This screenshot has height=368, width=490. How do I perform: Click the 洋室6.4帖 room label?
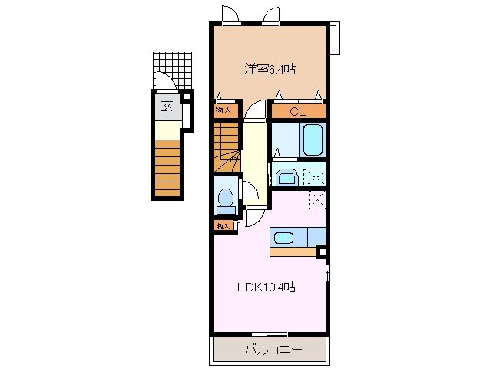[x=270, y=70]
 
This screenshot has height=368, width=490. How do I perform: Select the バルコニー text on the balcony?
[x=273, y=350]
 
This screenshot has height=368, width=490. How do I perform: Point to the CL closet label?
[x=298, y=112]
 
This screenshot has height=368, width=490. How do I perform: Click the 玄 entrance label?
[x=167, y=106]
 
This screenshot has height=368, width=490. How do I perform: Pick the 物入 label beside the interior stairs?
[x=223, y=110]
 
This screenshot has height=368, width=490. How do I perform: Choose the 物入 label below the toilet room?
[x=223, y=225]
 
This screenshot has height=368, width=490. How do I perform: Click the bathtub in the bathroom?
[x=313, y=140]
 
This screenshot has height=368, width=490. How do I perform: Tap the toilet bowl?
[x=226, y=200]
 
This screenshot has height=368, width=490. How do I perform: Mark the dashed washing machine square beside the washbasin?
[x=313, y=176]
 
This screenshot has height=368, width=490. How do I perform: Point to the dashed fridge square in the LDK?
[x=316, y=200]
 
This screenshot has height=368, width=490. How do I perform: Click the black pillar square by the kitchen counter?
[x=322, y=251]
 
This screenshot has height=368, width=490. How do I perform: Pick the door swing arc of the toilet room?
[x=250, y=191]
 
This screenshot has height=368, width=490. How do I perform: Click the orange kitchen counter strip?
[x=293, y=250]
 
